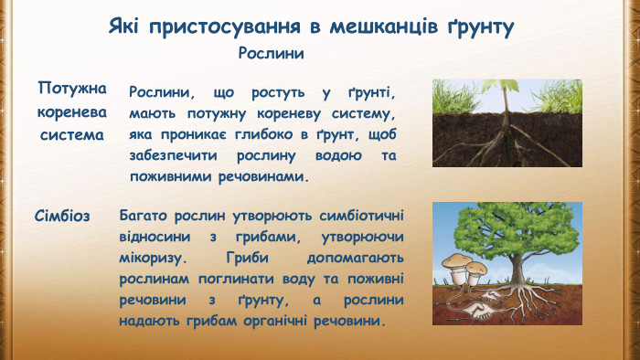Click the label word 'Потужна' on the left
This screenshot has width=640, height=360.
point(72,89)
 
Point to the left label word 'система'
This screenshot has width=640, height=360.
point(72,134)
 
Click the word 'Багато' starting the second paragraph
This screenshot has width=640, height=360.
point(144,216)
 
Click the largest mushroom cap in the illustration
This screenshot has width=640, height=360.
point(456,261)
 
